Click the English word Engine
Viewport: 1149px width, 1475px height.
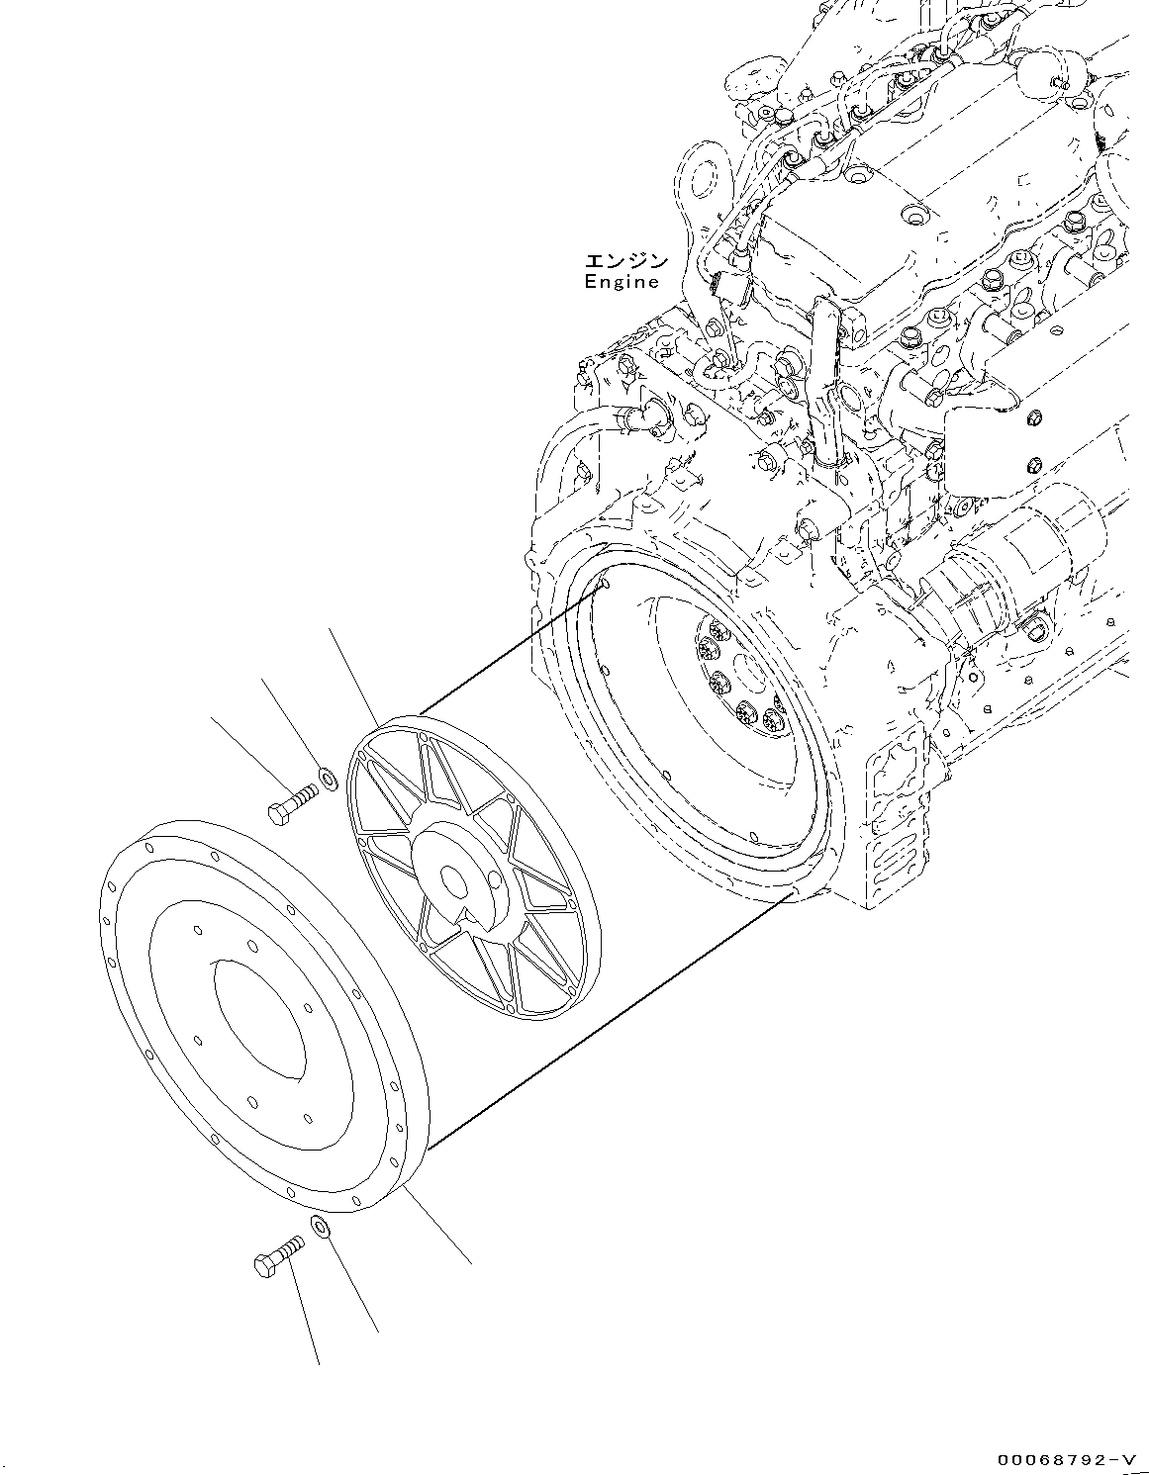[x=621, y=282]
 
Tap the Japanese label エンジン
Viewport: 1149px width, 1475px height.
[x=625, y=261]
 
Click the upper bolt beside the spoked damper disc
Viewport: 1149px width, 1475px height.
[x=290, y=801]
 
